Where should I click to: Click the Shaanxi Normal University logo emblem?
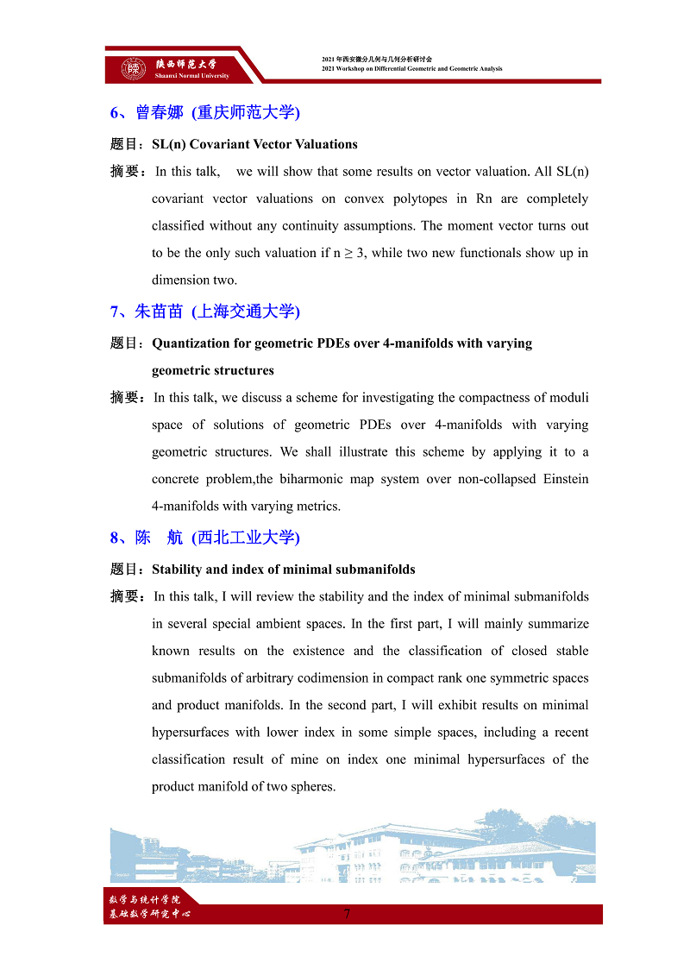click(x=133, y=68)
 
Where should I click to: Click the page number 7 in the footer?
click(x=347, y=915)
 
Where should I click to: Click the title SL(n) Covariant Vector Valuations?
click(x=254, y=144)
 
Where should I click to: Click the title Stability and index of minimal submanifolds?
click(x=283, y=570)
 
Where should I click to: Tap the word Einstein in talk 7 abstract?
click(x=566, y=479)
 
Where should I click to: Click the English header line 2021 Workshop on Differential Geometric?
click(x=411, y=69)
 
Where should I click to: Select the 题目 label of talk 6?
click(x=127, y=144)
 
